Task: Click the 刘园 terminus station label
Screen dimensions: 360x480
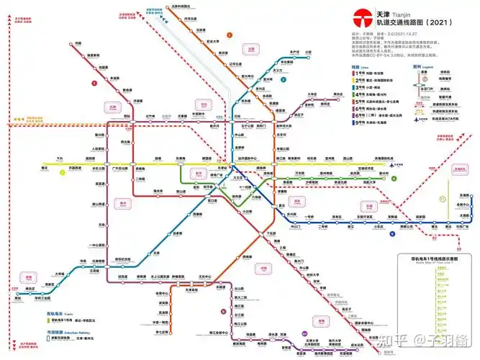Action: tap(77, 44)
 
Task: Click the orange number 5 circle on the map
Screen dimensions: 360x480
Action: tap(230, 34)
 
